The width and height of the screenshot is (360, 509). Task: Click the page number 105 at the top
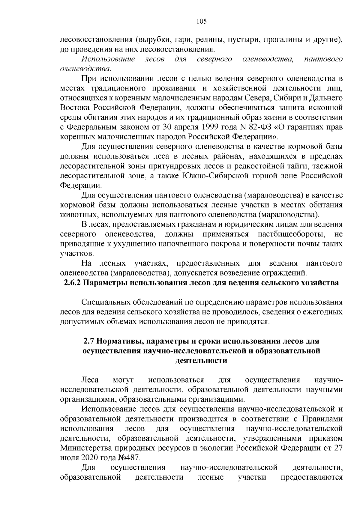tap(201, 21)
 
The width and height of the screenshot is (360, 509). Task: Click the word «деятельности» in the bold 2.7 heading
tap(201, 361)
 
